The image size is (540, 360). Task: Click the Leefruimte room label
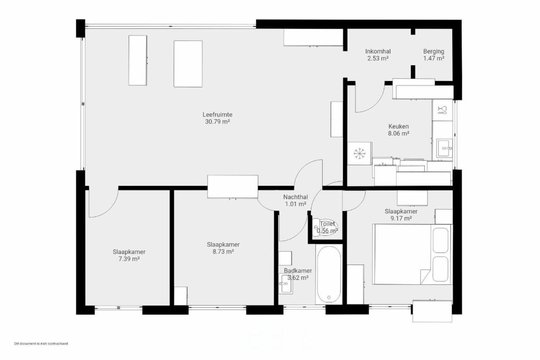coord(217,115)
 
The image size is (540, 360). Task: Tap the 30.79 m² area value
coord(217,122)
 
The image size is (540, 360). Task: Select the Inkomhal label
coord(378,51)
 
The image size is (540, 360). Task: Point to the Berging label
coord(434,51)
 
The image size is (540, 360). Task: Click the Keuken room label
coord(399,126)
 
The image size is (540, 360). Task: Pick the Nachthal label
coord(296,197)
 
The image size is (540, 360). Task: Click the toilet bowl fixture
coord(325,227)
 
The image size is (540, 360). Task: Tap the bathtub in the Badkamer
coord(329,274)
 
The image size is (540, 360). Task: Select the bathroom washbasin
coord(286,283)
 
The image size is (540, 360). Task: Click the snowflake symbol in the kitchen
coord(360,153)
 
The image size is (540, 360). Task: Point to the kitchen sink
coord(444,148)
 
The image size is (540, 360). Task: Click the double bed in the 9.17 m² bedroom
coord(412,254)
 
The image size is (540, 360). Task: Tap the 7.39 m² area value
coord(129,259)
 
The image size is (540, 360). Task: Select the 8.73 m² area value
coord(223,252)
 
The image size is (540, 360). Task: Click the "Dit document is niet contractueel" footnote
coord(41,344)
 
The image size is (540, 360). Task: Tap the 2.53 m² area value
coord(378,58)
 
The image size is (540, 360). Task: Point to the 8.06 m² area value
coord(399,133)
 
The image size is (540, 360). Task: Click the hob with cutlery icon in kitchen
coord(442,110)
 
